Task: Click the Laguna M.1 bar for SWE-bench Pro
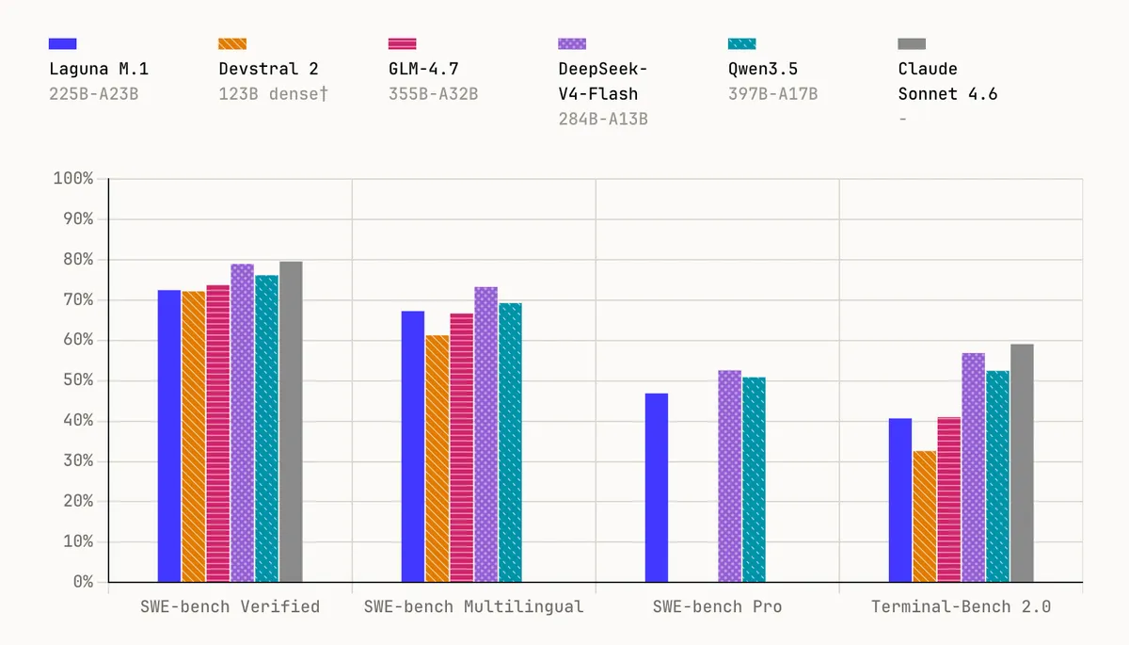coord(657,488)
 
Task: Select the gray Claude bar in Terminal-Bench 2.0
coord(1022,463)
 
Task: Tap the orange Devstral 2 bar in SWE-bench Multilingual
coord(437,459)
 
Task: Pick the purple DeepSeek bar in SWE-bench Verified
coord(243,423)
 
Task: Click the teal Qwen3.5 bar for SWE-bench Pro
coord(754,479)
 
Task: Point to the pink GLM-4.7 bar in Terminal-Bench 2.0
coord(949,500)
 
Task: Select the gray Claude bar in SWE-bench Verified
coord(291,422)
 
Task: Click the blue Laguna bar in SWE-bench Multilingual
coord(413,446)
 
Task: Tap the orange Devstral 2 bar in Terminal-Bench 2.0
coord(924,516)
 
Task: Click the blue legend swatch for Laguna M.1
coord(62,44)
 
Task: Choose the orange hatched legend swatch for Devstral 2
coord(232,44)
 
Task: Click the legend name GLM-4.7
coord(423,69)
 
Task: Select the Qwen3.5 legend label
coord(763,69)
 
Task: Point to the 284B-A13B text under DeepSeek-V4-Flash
coord(603,119)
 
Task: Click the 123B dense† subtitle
coord(273,94)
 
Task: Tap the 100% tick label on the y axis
coord(73,179)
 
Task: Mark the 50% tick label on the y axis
coord(78,380)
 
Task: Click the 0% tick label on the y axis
coord(83,582)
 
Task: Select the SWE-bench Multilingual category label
coord(474,606)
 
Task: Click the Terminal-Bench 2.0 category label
coord(962,606)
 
